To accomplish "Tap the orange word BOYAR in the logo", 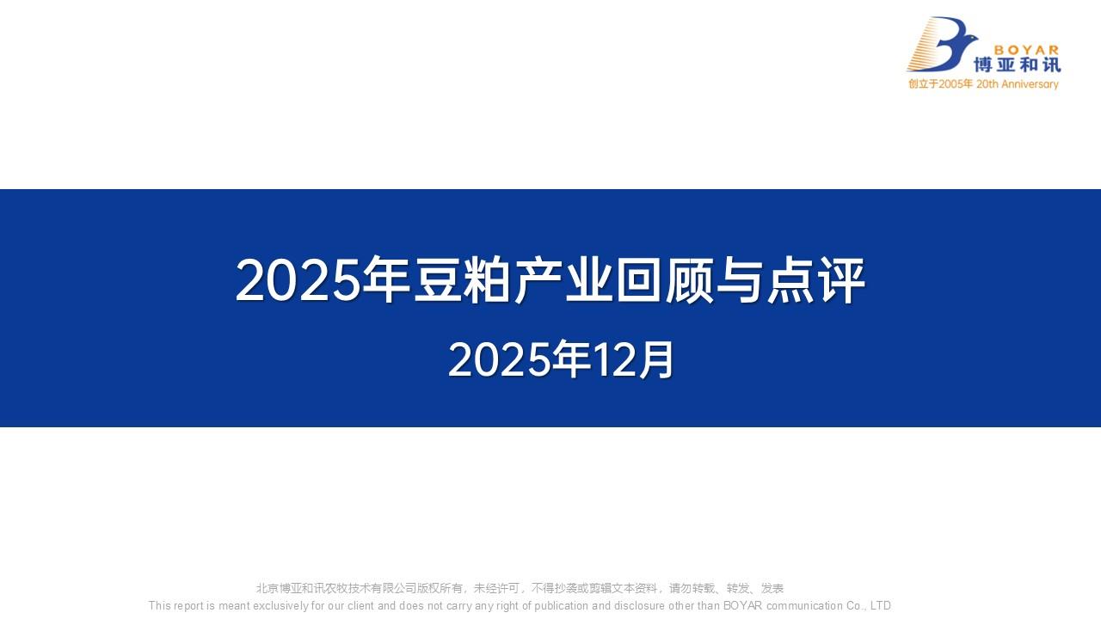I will click(1026, 50).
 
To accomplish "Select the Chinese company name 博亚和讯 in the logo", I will click(1018, 65).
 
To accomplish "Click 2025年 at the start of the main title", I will click(311, 280).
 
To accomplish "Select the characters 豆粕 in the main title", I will click(463, 280).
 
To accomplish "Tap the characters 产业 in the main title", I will click(563, 280).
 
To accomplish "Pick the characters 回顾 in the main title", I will click(664, 280).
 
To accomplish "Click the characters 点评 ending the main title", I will click(815, 280).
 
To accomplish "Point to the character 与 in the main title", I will click(740, 280).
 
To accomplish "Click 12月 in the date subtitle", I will click(633, 360).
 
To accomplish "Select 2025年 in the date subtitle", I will click(511, 360).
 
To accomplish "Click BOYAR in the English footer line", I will click(742, 605).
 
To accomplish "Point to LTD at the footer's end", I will click(881, 605).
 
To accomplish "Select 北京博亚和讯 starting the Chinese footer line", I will click(284, 589).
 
